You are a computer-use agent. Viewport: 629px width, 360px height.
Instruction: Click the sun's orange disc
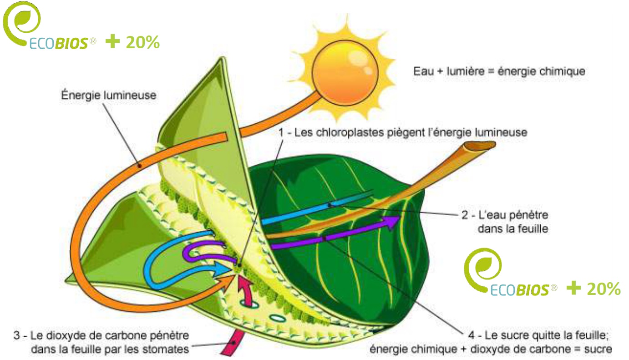click(x=345, y=73)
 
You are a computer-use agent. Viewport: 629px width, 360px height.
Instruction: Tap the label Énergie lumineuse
click(x=109, y=95)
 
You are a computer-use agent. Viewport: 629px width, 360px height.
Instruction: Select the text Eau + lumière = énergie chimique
click(x=499, y=71)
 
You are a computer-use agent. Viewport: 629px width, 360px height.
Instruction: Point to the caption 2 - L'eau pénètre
click(x=505, y=215)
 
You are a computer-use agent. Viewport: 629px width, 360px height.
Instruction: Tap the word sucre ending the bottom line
click(x=598, y=349)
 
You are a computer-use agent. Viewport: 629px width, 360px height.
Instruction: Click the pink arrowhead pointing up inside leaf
click(x=243, y=284)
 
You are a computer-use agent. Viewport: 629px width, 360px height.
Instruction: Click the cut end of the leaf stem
click(x=479, y=146)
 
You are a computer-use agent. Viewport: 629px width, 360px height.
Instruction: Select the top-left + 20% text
click(x=132, y=42)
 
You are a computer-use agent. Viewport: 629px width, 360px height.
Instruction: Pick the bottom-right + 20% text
click(x=593, y=289)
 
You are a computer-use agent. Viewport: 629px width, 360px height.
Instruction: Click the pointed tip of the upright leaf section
click(x=223, y=58)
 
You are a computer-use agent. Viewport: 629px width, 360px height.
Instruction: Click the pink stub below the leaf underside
click(x=233, y=343)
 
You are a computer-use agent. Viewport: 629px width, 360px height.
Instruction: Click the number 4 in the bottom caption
click(x=471, y=335)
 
